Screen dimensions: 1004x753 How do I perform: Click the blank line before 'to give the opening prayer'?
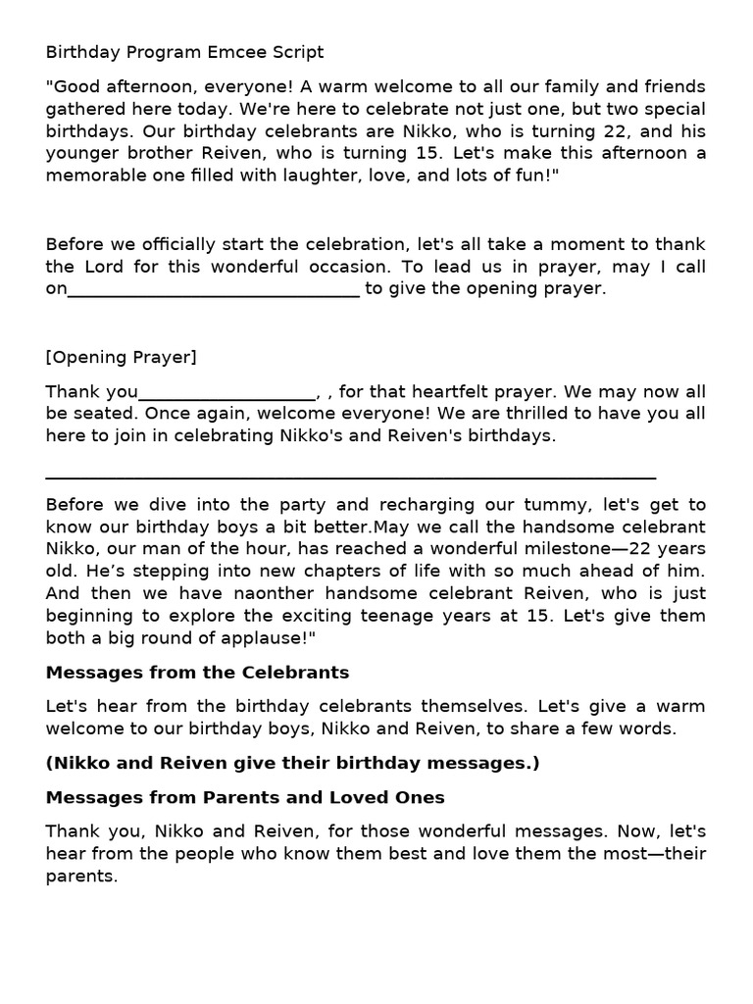click(x=214, y=290)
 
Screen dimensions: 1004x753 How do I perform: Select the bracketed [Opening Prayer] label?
click(x=121, y=357)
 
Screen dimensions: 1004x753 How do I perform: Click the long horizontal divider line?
click(x=351, y=478)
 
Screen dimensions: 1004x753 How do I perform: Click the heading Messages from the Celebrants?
click(x=197, y=673)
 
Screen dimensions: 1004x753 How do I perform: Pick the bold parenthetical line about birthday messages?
click(x=292, y=763)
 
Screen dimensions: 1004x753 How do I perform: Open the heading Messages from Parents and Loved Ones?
click(x=245, y=797)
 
